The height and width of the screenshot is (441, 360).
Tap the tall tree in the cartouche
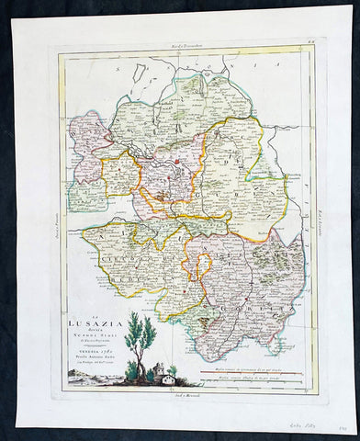point(141,335)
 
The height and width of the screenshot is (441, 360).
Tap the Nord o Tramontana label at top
point(187,43)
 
